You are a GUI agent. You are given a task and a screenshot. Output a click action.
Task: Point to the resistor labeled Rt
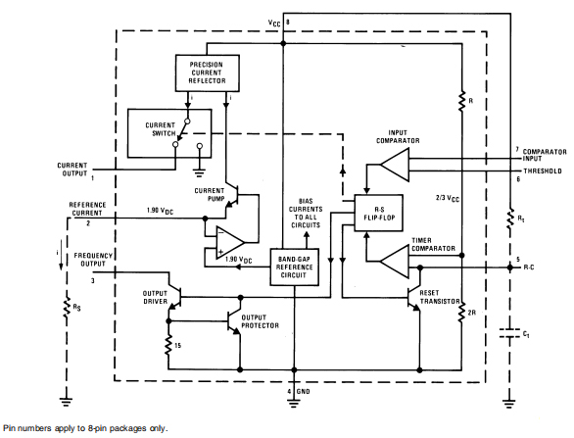(508, 219)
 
